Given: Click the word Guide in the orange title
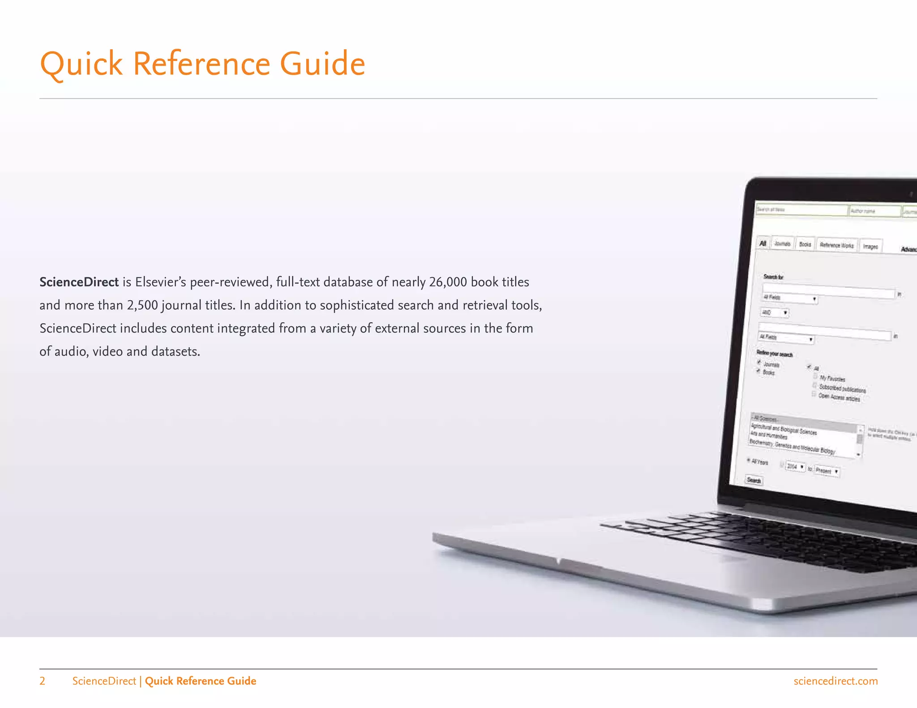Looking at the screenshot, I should pos(322,64).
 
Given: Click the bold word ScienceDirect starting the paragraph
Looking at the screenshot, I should pos(79,282).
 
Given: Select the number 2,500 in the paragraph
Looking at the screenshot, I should pos(142,305).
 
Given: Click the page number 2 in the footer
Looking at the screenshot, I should pos(43,681).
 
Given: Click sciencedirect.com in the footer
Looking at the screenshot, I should pos(835,681).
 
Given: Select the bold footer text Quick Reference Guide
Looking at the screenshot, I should pos(200,681).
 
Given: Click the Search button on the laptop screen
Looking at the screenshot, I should pos(754,480).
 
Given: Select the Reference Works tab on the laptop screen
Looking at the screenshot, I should pos(836,245).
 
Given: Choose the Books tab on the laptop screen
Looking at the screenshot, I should pos(805,244).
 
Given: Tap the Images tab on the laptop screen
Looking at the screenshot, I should pos(870,247).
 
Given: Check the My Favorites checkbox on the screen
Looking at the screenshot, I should pos(815,376).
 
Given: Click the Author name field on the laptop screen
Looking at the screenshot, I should pos(874,211).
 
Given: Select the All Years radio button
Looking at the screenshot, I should pos(749,460).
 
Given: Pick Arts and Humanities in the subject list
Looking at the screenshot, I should pos(769,435).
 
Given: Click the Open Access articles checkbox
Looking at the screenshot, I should pos(814,394).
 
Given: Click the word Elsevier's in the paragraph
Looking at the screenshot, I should pos(160,282).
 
